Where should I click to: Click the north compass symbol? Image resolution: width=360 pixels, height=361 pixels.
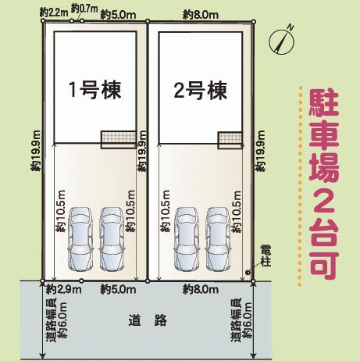pyautogui.click(x=282, y=41)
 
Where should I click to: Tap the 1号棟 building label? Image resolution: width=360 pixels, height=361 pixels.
pyautogui.click(x=95, y=90)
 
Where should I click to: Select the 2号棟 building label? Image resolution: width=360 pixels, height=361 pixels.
pyautogui.click(x=201, y=91)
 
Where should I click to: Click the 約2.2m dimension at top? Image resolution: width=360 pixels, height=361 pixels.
pyautogui.click(x=54, y=13)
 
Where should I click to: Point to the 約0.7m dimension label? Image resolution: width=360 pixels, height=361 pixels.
pyautogui.click(x=84, y=9)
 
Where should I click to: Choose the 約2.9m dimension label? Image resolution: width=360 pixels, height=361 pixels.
pyautogui.click(x=64, y=289)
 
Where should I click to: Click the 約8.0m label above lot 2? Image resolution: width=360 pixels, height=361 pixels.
pyautogui.click(x=201, y=15)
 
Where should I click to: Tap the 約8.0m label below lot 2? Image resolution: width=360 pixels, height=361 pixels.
pyautogui.click(x=201, y=289)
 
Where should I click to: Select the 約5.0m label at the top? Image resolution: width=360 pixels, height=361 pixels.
pyautogui.click(x=118, y=15)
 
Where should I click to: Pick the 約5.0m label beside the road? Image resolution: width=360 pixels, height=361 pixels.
pyautogui.click(x=118, y=289)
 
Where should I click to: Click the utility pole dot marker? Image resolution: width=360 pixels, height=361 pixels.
pyautogui.click(x=248, y=273)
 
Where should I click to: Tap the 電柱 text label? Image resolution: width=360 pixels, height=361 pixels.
pyautogui.click(x=266, y=257)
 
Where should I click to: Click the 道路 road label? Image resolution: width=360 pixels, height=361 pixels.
pyautogui.click(x=148, y=320)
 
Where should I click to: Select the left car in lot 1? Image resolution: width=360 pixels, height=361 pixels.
pyautogui.click(x=80, y=238)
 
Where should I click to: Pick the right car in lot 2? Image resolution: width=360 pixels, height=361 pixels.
pyautogui.click(x=217, y=238)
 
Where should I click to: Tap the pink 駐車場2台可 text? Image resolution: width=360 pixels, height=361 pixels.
pyautogui.click(x=324, y=185)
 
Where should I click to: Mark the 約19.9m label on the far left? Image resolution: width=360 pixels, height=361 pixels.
pyautogui.click(x=36, y=151)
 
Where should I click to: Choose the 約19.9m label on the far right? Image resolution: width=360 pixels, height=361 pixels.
pyautogui.click(x=260, y=151)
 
